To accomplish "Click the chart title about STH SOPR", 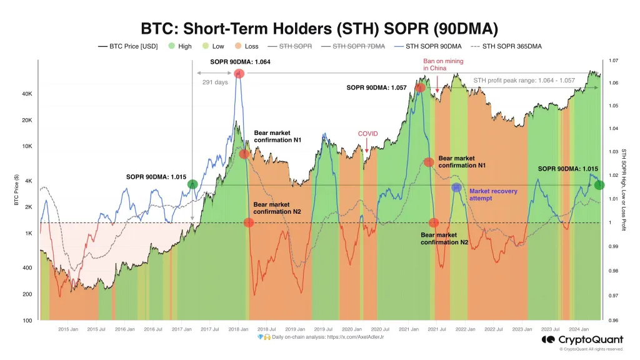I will click(319, 29).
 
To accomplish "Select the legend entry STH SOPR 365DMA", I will click(508, 46).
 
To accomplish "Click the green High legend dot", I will click(172, 46).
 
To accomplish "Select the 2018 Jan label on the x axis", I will click(237, 329).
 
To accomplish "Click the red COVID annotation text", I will click(367, 134).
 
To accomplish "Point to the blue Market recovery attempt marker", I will click(457, 187).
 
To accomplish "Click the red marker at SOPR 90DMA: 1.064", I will click(238, 73).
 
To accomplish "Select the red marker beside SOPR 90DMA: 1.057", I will click(420, 88).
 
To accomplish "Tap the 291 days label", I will click(215, 82).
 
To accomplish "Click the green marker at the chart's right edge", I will click(599, 184).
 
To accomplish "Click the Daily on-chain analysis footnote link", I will click(319, 337).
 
